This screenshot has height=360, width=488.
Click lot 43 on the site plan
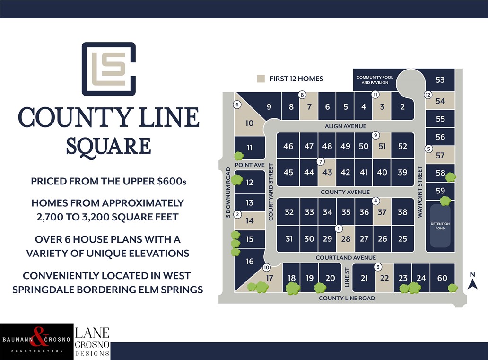point(327,172)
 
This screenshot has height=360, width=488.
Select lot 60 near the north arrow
point(442,278)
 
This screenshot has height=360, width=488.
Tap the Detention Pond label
point(440,226)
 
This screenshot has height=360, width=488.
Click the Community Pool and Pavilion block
point(372,79)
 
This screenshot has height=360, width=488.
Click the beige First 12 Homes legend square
point(261,79)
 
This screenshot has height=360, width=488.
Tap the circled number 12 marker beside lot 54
point(428,95)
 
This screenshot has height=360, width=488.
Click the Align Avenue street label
point(345,126)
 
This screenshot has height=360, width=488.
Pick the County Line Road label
point(347,298)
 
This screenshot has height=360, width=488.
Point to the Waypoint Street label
point(419,192)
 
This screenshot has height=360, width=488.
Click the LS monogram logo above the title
point(109,69)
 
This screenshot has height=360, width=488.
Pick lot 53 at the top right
point(440,80)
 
